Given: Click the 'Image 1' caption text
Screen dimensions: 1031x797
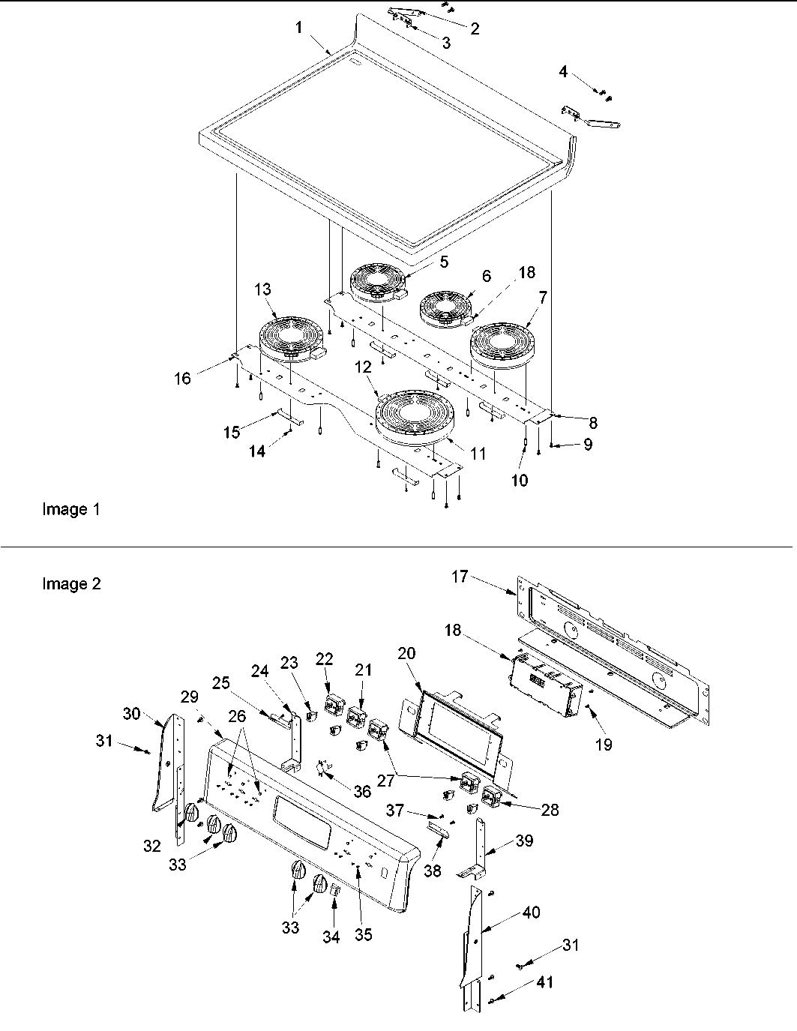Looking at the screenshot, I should click(70, 510).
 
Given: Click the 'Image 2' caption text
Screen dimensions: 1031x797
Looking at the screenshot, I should click(70, 583).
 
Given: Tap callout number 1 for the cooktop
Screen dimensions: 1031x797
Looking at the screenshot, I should click(298, 28).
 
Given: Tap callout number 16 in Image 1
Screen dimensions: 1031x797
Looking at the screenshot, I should click(182, 379).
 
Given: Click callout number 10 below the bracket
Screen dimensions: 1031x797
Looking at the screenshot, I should click(520, 480).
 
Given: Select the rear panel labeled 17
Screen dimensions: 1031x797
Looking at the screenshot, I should click(615, 637).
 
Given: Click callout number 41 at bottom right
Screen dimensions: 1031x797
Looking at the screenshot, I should click(545, 982).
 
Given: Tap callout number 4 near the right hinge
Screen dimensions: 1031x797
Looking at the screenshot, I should click(563, 72).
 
